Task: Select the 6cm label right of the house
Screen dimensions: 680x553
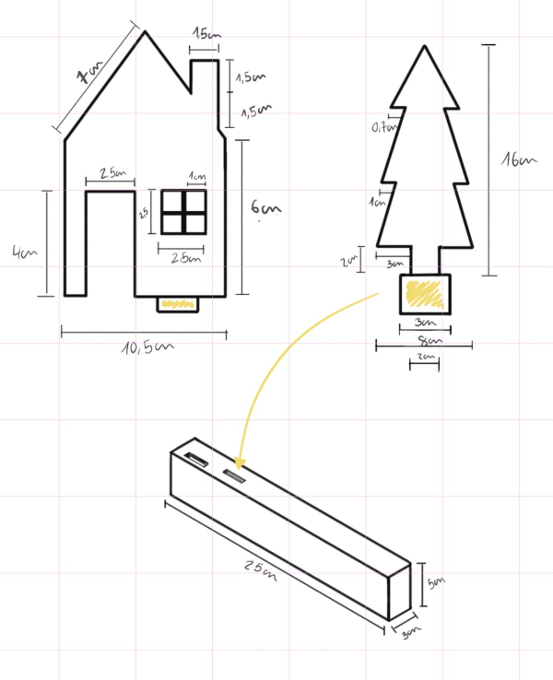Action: pyautogui.click(x=260, y=209)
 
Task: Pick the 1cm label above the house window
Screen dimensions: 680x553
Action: pyautogui.click(x=196, y=176)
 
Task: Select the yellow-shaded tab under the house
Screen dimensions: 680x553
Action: pyautogui.click(x=177, y=303)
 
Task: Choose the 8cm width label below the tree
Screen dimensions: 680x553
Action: pyautogui.click(x=425, y=340)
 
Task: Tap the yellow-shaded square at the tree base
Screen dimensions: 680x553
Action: pyautogui.click(x=424, y=293)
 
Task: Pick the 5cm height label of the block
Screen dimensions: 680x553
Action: pyautogui.click(x=436, y=582)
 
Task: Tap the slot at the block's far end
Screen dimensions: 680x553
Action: pyautogui.click(x=195, y=458)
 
